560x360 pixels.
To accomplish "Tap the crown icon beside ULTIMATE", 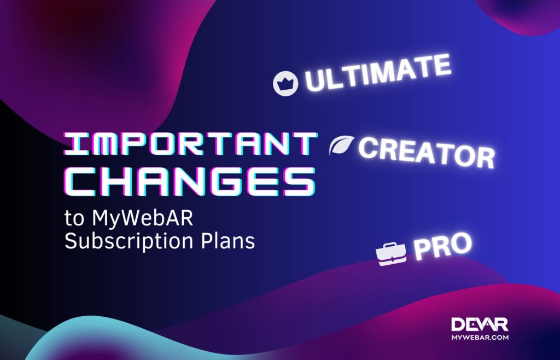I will coord(285,84).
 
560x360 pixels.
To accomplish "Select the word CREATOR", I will coord(426,152).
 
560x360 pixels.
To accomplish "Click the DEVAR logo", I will coord(480,324).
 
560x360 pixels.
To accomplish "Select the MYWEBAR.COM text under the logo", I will coord(480,338).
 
